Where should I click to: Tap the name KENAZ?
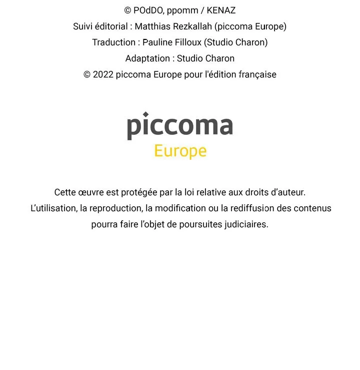point(220,10)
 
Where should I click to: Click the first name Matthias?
point(151,26)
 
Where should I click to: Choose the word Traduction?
point(113,42)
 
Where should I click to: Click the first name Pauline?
point(157,42)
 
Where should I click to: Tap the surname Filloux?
point(188,42)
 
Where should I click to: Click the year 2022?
point(103,74)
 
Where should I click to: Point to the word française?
point(257,74)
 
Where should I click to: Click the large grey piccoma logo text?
point(179,125)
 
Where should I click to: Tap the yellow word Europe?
point(180,151)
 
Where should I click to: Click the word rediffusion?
point(252,208)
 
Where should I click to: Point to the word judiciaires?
point(246,224)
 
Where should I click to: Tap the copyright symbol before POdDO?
point(127,10)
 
